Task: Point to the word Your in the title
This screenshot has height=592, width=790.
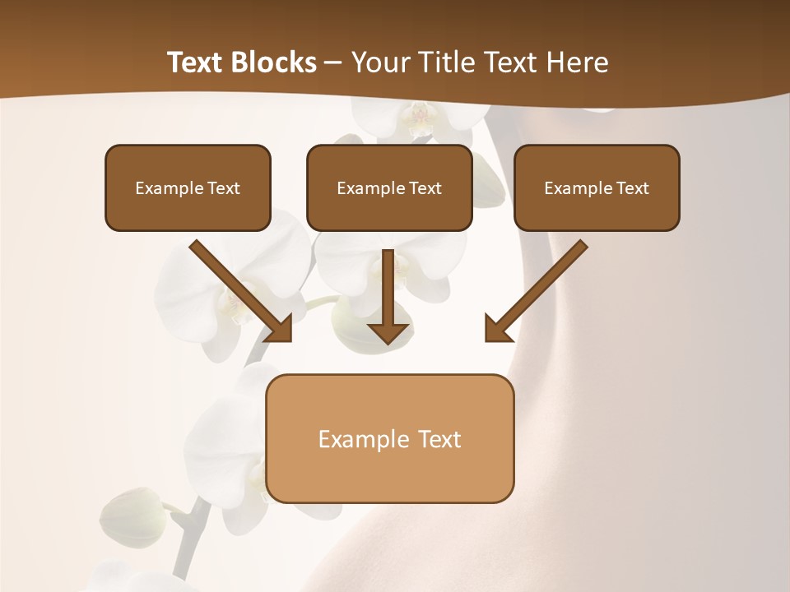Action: (382, 62)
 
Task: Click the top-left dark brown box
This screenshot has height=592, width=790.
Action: (188, 187)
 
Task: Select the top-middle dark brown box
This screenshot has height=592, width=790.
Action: (389, 187)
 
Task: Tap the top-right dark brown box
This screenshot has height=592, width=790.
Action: (597, 187)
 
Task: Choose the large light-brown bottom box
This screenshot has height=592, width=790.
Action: (389, 438)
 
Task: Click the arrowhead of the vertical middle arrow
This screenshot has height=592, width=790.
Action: (388, 332)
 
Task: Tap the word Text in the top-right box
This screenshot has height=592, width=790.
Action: (632, 188)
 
